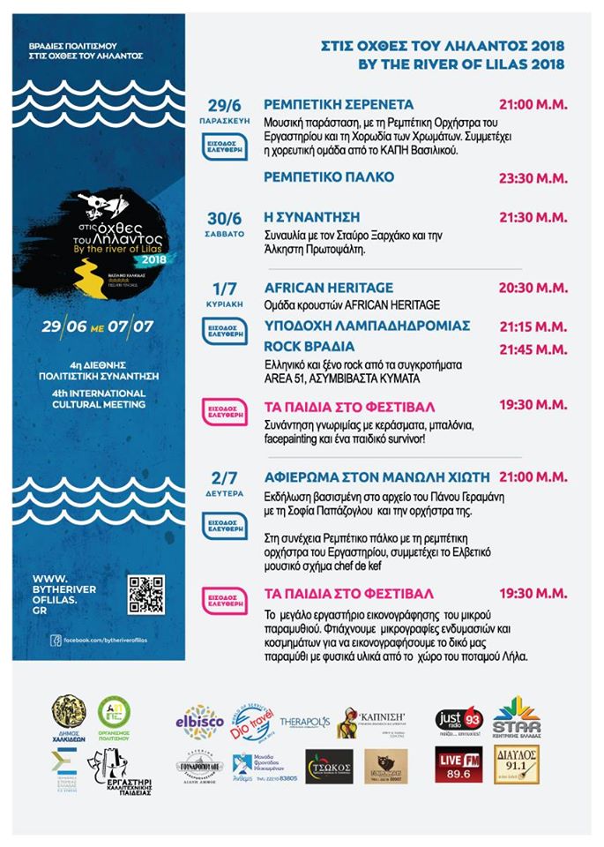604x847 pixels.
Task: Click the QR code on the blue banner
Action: coord(145,594)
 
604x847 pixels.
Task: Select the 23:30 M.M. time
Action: coord(533,177)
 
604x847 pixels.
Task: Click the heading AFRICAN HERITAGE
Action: coord(329,288)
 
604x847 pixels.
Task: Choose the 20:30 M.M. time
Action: coord(533,288)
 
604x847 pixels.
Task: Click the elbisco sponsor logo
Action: coord(198,721)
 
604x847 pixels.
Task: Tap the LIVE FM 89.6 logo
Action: coord(459,764)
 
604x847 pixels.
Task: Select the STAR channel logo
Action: coord(517,718)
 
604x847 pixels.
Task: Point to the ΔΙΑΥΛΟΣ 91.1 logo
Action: coord(517,764)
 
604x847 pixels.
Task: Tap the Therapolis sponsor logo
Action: coord(305,722)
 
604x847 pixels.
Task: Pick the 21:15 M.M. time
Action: coord(533,326)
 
